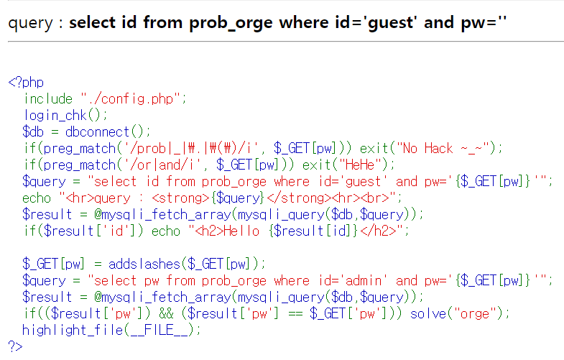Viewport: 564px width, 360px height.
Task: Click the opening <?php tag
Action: click(x=26, y=82)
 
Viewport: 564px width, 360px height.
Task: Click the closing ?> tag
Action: click(x=16, y=346)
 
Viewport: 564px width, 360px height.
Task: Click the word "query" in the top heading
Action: click(x=30, y=22)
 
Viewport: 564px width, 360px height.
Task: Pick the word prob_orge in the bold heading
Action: click(x=231, y=22)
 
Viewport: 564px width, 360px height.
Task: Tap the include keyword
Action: click(x=48, y=98)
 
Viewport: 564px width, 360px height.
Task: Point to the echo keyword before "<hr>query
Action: click(x=37, y=198)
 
